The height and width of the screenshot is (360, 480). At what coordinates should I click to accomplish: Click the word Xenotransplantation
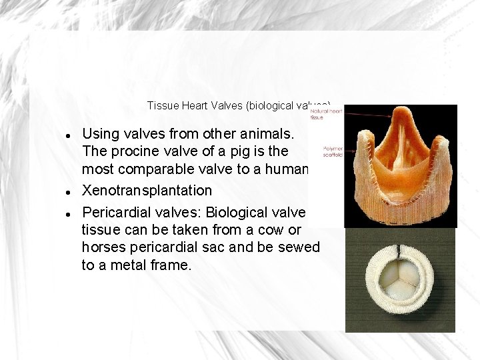pyautogui.click(x=147, y=190)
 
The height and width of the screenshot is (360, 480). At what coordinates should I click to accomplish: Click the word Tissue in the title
pyautogui.click(x=159, y=105)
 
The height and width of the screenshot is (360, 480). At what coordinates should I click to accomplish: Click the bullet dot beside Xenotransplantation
pyautogui.click(x=69, y=191)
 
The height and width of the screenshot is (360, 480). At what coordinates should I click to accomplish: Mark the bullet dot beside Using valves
pyautogui.click(x=69, y=135)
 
